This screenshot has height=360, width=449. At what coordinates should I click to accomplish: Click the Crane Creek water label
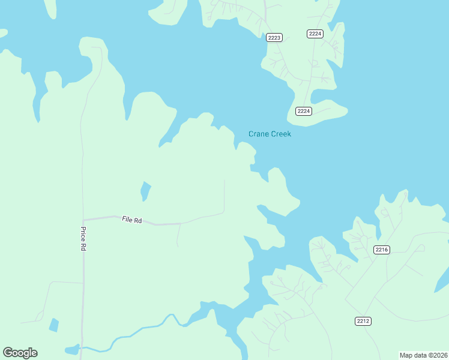pos(270,134)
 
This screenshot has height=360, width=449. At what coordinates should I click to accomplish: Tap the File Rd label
pos(131,220)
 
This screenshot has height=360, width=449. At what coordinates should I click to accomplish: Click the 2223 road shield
pos(274,37)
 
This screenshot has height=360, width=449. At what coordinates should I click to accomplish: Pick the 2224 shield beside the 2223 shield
pos(315,34)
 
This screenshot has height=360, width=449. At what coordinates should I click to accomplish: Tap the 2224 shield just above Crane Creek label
pos(304,111)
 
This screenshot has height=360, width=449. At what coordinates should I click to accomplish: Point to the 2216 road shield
pos(382,250)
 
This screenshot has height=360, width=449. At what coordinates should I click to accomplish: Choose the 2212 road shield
pos(363,321)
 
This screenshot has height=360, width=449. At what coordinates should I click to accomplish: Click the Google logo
pos(20,352)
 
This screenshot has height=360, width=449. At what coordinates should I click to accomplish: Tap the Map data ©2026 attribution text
pos(423,355)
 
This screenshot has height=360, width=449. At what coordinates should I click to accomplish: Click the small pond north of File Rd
pos(145,191)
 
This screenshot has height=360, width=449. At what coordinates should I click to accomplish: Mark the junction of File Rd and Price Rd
pos(83,220)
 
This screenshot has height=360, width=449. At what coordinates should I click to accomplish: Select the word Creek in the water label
pos(281,134)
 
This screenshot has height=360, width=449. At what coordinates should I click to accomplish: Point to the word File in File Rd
pos(127,220)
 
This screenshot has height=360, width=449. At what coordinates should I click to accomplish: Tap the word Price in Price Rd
pos(83,235)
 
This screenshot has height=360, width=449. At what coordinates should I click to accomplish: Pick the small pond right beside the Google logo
pos(71,349)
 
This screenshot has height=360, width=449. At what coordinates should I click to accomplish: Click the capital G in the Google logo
pos(7,352)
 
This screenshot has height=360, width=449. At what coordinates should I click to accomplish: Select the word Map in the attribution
pos(406,355)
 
